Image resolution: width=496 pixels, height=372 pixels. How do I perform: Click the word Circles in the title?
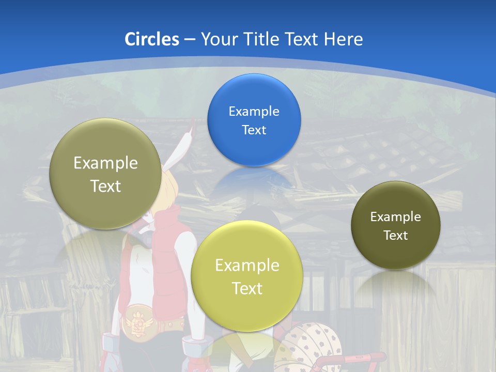click(151, 39)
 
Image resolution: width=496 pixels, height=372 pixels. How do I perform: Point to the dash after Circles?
click(189, 40)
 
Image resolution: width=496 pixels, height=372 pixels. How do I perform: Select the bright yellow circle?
click(246, 243)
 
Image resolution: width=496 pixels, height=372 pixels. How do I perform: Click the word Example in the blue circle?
click(254, 111)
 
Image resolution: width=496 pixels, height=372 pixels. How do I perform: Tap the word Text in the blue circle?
click(254, 130)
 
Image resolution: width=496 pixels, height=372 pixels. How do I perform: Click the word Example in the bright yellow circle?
click(247, 265)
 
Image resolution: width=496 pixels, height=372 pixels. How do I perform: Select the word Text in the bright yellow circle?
click(247, 288)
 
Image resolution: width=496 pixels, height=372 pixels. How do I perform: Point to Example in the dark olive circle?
click(395, 216)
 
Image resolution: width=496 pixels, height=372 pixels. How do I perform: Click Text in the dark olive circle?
click(395, 235)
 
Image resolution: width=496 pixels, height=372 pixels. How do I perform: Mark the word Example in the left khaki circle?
click(105, 163)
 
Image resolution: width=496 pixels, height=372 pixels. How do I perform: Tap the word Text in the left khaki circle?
click(105, 185)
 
